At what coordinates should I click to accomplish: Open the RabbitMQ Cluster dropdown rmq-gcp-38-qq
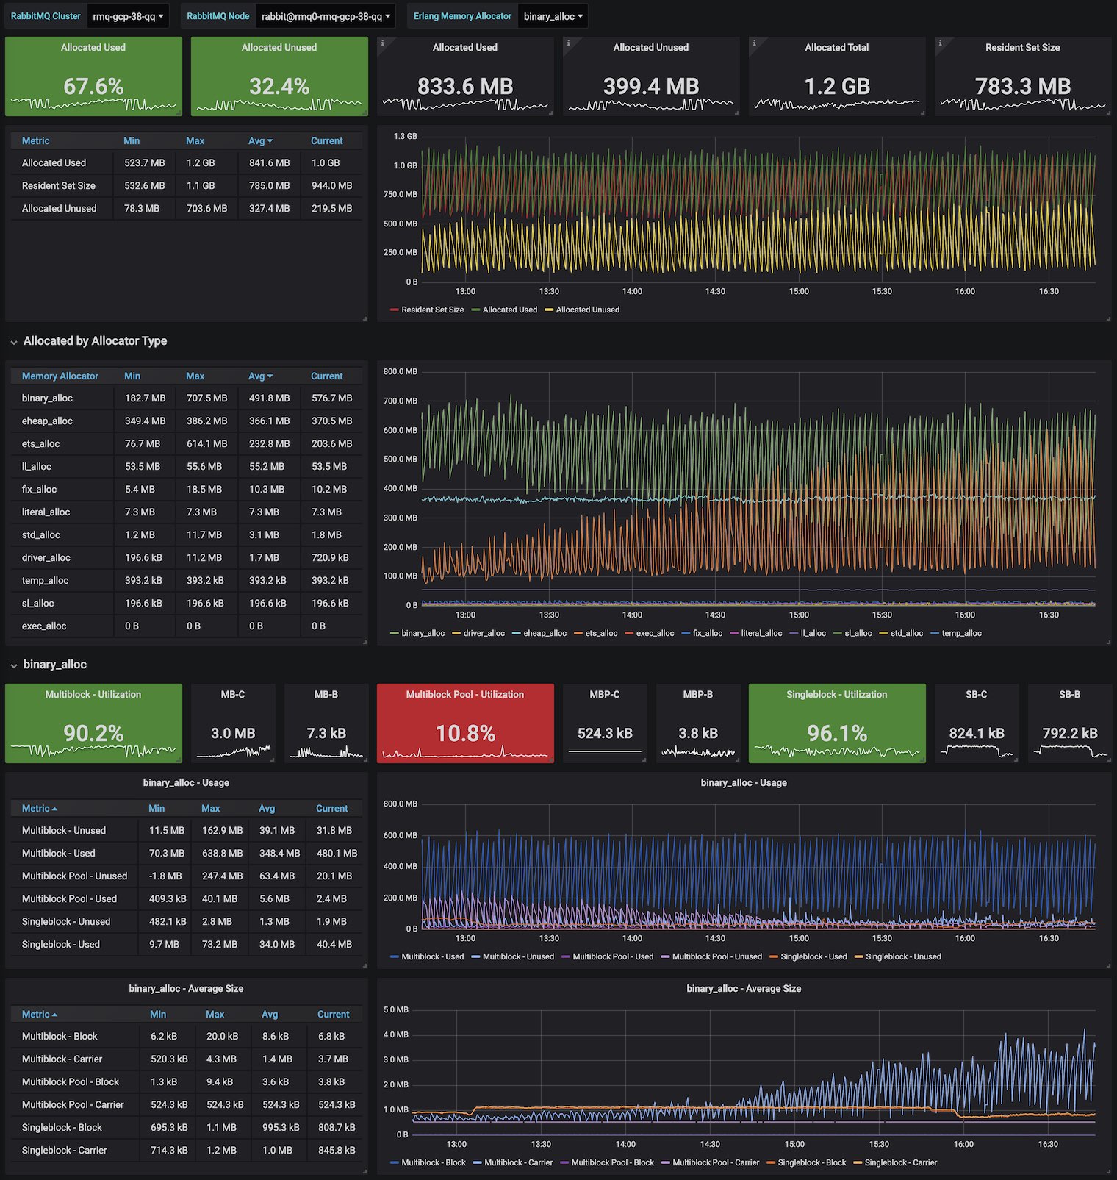coord(128,16)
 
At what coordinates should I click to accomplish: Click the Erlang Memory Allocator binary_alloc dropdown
coord(553,16)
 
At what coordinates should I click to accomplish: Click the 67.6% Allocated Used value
coord(93,87)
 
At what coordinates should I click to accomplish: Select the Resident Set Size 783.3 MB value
coord(1022,87)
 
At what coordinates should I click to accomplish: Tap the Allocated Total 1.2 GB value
coord(836,87)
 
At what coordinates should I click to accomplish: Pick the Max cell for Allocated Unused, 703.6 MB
coord(206,209)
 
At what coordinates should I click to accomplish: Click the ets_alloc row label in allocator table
coord(41,444)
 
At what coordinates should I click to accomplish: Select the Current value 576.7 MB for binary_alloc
coord(331,398)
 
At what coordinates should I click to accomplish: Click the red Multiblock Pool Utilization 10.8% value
coord(465,734)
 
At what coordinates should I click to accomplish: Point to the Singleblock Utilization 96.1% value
coord(836,734)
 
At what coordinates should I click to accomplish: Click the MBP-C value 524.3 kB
coord(605,734)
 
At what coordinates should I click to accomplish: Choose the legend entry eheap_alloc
coord(545,634)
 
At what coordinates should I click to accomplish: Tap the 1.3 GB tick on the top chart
coord(405,137)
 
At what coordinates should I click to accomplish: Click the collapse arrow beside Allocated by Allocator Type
coord(14,342)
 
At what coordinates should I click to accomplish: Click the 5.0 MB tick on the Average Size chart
coord(396,1010)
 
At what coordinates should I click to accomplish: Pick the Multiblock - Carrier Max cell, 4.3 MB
coord(221,1059)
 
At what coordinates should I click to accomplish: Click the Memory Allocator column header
coord(60,376)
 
